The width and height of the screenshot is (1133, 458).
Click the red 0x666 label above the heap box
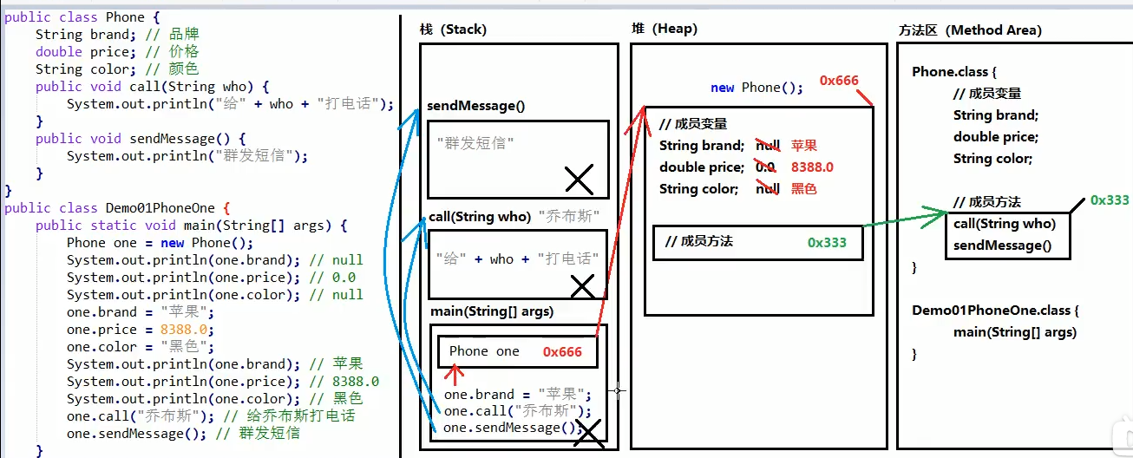point(839,81)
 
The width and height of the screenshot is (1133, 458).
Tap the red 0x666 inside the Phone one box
point(562,351)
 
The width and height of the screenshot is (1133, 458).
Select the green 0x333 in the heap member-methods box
point(827,242)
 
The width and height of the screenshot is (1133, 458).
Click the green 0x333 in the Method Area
point(1110,200)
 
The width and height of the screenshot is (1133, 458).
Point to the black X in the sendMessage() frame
point(579,180)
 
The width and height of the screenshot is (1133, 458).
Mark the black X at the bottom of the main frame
point(589,433)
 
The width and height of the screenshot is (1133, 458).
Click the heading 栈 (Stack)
point(453,29)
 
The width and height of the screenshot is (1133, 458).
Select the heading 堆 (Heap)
point(665,29)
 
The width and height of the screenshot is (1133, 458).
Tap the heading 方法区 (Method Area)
point(970,30)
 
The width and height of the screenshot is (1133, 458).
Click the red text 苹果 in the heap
point(804,146)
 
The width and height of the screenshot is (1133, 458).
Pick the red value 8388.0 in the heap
point(812,167)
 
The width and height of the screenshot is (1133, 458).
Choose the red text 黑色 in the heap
point(804,189)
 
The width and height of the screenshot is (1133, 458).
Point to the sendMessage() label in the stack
point(476,106)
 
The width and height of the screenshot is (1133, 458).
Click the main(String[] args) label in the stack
point(492,311)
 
